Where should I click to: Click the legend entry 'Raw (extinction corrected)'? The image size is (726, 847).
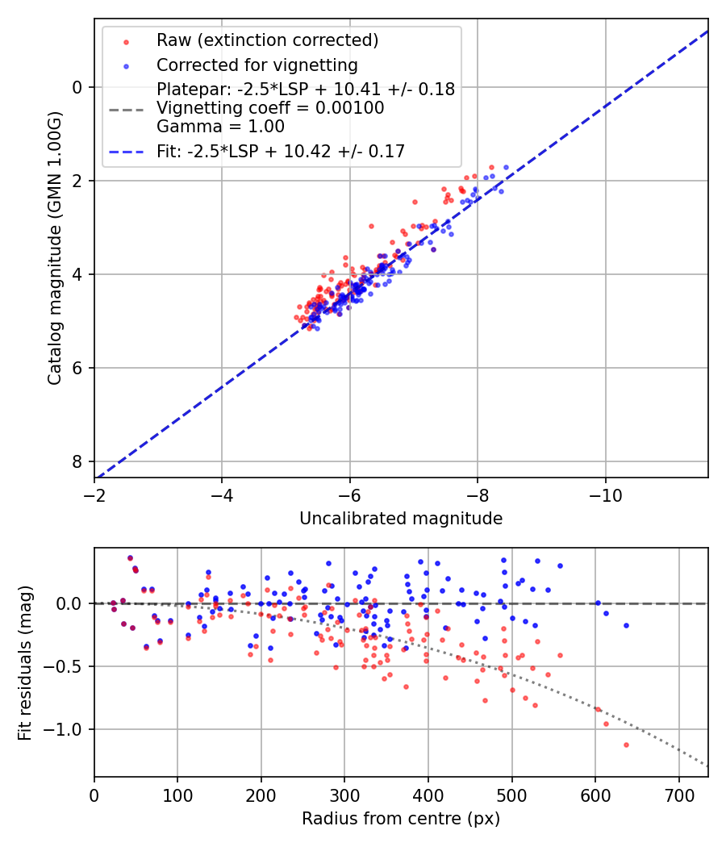click(x=267, y=40)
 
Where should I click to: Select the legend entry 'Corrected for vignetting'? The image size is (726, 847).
click(x=257, y=65)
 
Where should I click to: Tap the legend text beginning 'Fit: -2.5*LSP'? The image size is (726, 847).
click(x=280, y=151)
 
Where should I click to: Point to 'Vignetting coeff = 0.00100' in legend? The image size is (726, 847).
click(x=270, y=108)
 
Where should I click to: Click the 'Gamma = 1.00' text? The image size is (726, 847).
click(x=220, y=126)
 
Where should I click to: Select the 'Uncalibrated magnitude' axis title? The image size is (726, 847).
click(x=401, y=519)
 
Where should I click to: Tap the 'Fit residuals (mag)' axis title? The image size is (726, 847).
click(x=24, y=662)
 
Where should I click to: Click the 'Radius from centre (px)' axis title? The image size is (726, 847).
click(x=401, y=819)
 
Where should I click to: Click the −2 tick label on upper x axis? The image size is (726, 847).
click(x=94, y=494)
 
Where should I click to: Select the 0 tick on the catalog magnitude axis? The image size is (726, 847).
click(x=78, y=87)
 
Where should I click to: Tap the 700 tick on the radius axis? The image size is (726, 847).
click(x=678, y=794)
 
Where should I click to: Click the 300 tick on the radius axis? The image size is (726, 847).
click(x=344, y=794)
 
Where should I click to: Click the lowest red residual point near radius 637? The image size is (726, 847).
click(x=626, y=745)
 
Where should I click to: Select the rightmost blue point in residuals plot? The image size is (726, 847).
click(x=626, y=625)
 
